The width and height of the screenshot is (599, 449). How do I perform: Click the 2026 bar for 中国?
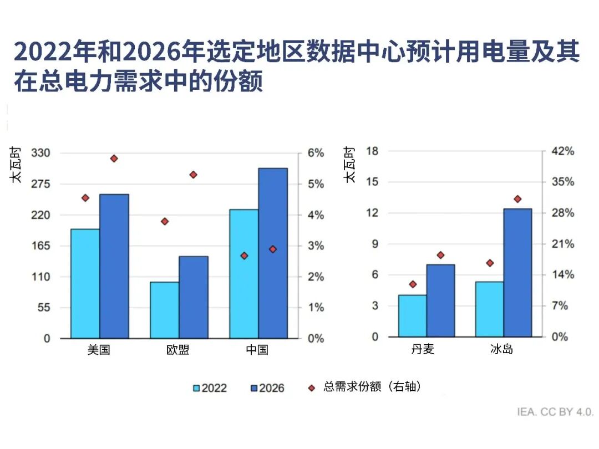tap(273, 253)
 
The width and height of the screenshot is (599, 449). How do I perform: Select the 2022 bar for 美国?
tap(85, 283)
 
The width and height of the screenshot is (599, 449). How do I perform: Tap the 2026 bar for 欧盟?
tap(194, 297)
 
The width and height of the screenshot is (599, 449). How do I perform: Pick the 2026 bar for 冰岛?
tap(517, 273)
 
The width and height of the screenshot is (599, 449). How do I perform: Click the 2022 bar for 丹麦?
tap(413, 315)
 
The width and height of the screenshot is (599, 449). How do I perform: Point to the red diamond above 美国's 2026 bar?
tap(114, 159)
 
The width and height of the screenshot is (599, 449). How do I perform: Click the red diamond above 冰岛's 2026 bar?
tap(517, 199)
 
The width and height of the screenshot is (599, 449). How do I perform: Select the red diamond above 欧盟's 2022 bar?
tap(165, 222)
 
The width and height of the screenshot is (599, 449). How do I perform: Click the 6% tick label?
tap(315, 153)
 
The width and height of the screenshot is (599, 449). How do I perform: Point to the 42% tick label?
tap(562, 151)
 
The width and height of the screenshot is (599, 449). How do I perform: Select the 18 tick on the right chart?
tap(372, 151)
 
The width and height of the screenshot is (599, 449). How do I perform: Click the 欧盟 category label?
tap(178, 350)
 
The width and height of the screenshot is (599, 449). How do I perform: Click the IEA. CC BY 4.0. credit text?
tap(555, 412)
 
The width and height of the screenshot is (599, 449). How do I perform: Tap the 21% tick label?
tap(562, 244)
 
